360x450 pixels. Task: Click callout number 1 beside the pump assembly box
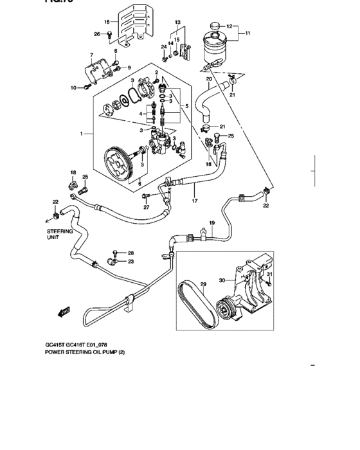click(82, 134)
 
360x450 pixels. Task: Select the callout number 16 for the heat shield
click(107, 22)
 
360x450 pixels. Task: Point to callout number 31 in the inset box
click(270, 275)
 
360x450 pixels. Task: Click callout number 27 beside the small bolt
click(147, 207)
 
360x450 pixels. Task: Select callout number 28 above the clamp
click(130, 253)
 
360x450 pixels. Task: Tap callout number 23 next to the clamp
click(130, 262)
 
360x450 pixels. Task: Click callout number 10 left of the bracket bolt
click(73, 87)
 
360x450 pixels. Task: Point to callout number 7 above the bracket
click(92, 55)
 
